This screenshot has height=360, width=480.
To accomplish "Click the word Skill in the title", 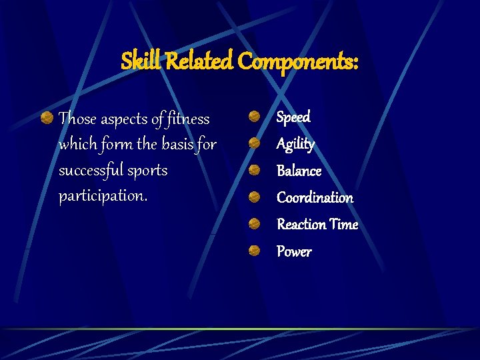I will (x=141, y=62).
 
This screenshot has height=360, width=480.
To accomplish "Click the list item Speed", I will (x=293, y=117).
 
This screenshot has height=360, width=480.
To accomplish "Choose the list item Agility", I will (x=295, y=145).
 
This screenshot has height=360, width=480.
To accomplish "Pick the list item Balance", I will (x=299, y=171).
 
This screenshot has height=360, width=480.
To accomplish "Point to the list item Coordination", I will (x=315, y=198).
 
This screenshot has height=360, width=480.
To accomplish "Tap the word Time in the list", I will (x=343, y=225).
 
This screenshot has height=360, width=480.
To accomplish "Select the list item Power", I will (x=294, y=252).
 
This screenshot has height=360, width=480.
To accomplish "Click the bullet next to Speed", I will (x=255, y=117).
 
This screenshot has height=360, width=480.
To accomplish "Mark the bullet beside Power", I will (x=255, y=251).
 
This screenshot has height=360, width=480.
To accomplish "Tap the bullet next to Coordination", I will (x=255, y=197).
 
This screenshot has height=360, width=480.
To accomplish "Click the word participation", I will (x=103, y=197).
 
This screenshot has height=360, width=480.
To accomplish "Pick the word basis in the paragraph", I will (x=177, y=145).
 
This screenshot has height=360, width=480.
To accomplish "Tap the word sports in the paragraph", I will (x=149, y=171).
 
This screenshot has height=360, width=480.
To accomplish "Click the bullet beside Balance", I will (x=255, y=171).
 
